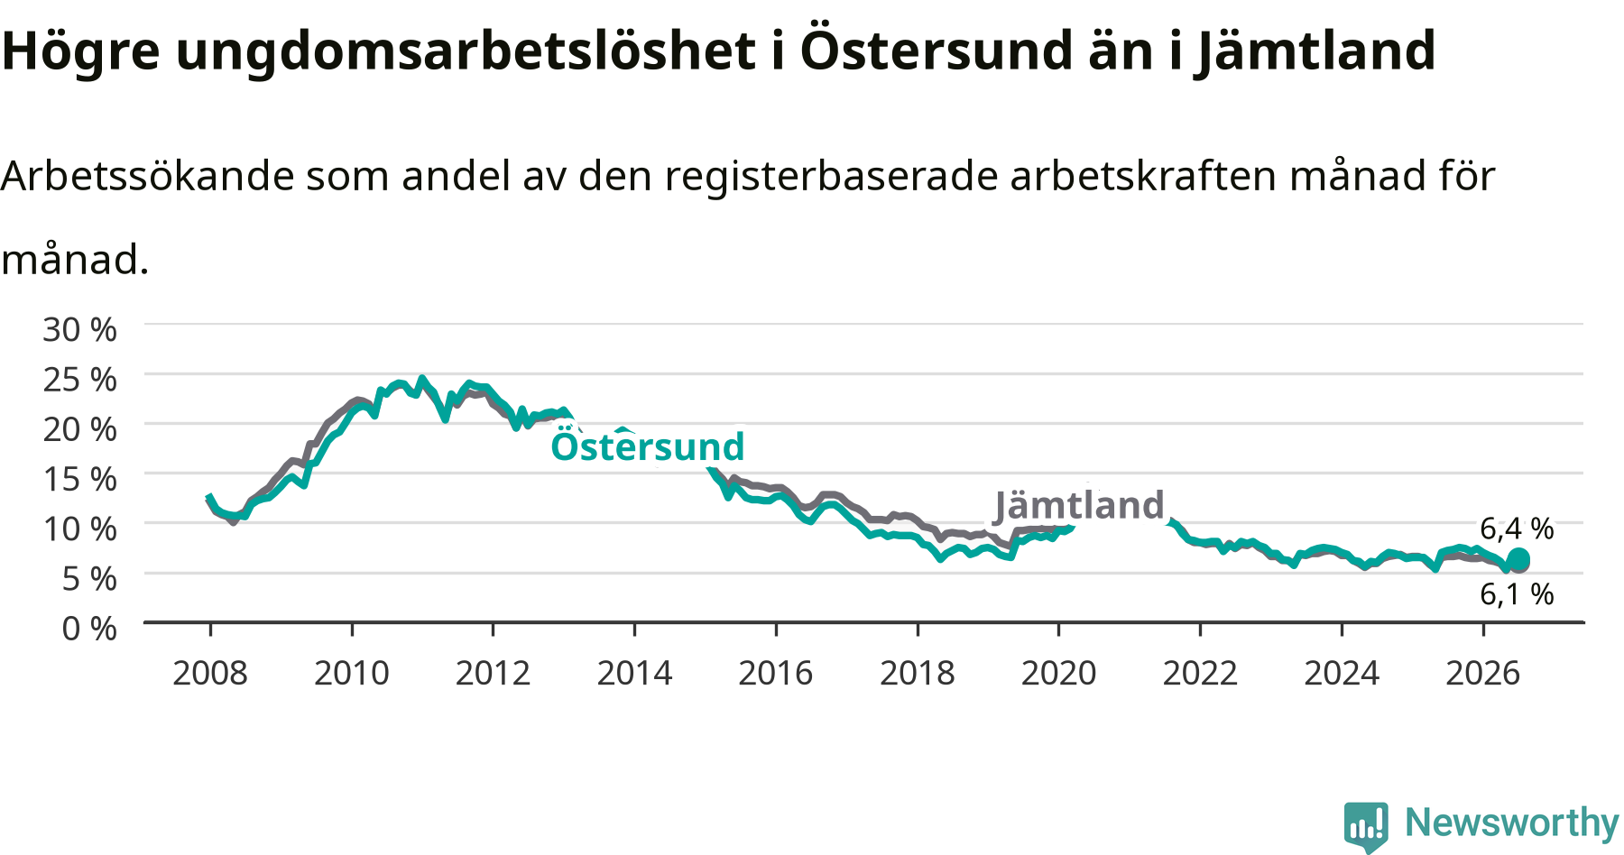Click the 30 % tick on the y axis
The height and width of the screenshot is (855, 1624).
point(79,329)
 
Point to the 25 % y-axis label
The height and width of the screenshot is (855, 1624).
point(79,379)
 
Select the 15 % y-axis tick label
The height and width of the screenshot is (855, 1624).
point(79,479)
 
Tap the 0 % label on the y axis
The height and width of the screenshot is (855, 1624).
point(88,628)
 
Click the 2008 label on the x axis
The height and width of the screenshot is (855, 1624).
point(210,673)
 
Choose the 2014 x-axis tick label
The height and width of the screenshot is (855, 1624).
point(634,673)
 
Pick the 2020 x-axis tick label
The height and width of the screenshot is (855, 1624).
point(1058,673)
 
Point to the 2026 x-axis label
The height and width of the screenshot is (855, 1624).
point(1483,673)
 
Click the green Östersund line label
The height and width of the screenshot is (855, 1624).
point(648,446)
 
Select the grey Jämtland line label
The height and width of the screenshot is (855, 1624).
point(1079,505)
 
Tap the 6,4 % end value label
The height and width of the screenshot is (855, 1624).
point(1518,529)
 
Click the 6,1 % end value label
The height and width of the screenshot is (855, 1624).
point(1518,593)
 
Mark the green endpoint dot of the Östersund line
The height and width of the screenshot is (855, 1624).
point(1518,559)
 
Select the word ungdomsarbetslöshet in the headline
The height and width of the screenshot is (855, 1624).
point(466,51)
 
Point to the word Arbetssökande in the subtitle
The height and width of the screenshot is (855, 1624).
point(148,175)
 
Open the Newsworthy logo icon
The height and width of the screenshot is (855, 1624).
point(1366,825)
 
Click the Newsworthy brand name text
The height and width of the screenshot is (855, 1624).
point(1512,823)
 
